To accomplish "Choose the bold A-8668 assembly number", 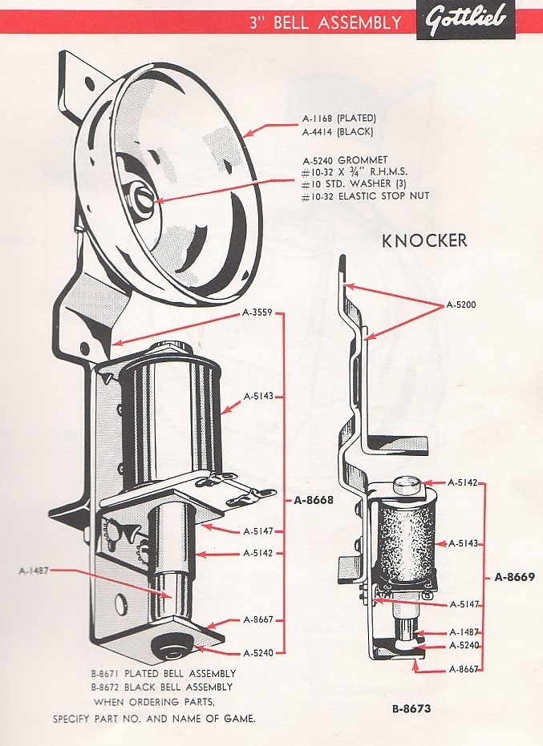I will coord(313,500).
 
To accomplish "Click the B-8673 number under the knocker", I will coord(413,708).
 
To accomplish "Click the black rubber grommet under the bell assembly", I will coord(172,644).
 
